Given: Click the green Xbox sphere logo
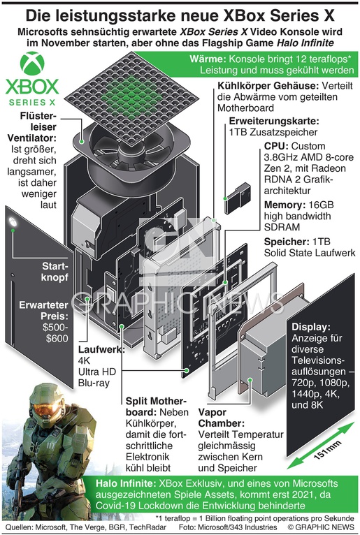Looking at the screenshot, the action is click(32, 64).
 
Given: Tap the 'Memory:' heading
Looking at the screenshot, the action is click(285, 205).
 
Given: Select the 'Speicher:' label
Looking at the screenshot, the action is click(287, 242).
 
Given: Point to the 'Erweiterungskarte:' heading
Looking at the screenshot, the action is click(274, 121).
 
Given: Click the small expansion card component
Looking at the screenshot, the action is click(238, 198).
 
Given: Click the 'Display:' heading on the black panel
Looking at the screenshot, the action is click(311, 327).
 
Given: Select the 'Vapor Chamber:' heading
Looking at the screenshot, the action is click(222, 418).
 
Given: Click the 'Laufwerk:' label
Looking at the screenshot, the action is click(101, 349).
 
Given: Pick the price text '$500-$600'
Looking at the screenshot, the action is click(55, 333).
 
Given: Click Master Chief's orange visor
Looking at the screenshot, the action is click(44, 409).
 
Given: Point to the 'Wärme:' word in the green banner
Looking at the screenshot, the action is click(208, 59).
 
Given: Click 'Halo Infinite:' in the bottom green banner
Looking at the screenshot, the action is click(125, 483).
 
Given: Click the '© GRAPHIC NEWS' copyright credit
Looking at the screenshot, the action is click(321, 527).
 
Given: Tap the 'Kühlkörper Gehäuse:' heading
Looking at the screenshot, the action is click(268, 86).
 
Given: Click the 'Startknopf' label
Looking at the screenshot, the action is click(55, 272).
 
